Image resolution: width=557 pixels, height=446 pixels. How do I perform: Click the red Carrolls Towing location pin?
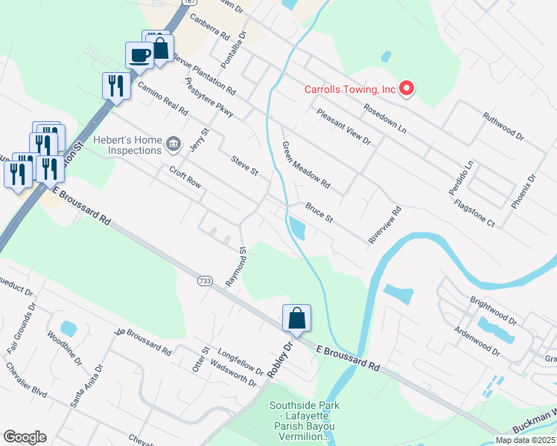coord(407,90)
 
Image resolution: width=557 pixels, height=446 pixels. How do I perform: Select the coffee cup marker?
coord(140,54)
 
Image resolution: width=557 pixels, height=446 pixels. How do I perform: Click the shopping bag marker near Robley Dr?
coord(296,318)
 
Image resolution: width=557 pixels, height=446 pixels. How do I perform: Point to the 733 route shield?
coord(205,281)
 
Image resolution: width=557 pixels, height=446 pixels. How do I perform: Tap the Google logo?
coord(25,437)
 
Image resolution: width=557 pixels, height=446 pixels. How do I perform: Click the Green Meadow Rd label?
coord(305,164)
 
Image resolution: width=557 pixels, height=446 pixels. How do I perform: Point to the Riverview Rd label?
coord(385,224)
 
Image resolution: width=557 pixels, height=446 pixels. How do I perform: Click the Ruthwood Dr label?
coord(503,127)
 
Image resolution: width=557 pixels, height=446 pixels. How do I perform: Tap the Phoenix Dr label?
coord(523,192)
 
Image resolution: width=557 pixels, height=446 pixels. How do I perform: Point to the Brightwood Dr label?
coord(493,311)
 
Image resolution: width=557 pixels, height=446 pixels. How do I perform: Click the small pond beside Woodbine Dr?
coord(68,328)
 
